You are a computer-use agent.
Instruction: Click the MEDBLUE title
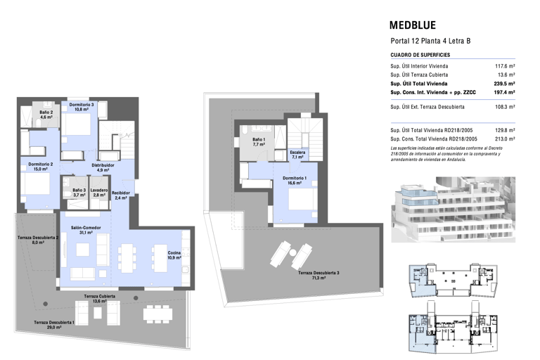pyautogui.click(x=413, y=25)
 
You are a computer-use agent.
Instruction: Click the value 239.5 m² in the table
pyautogui.click(x=505, y=84)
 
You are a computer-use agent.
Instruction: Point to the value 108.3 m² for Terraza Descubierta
pyautogui.click(x=505, y=107)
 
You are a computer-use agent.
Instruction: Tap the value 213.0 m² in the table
pyautogui.click(x=505, y=139)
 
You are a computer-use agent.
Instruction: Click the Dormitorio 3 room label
pyautogui.click(x=82, y=105)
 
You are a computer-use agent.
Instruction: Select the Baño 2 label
pyautogui.click(x=46, y=112)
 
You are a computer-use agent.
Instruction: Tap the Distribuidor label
pyautogui.click(x=103, y=165)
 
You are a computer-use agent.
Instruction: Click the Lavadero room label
pyautogui.click(x=99, y=190)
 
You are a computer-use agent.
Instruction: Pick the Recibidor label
pyautogui.click(x=120, y=193)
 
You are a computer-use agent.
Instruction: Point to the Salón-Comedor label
pyautogui.click(x=86, y=228)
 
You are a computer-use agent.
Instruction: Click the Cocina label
pyautogui.click(x=174, y=253)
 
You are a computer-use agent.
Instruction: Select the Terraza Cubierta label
pyautogui.click(x=100, y=296)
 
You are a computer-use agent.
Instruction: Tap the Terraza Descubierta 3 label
pyautogui.click(x=319, y=273)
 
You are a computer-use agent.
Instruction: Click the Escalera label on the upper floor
pyautogui.click(x=297, y=153)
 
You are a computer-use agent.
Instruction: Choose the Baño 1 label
pyautogui.click(x=259, y=139)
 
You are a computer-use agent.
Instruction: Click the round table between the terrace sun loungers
pyautogui.click(x=292, y=253)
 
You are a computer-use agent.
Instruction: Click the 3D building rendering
pyautogui.click(x=454, y=210)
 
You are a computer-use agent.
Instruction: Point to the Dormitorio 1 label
pyautogui.click(x=295, y=178)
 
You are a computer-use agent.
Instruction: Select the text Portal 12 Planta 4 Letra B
pyautogui.click(x=430, y=41)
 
